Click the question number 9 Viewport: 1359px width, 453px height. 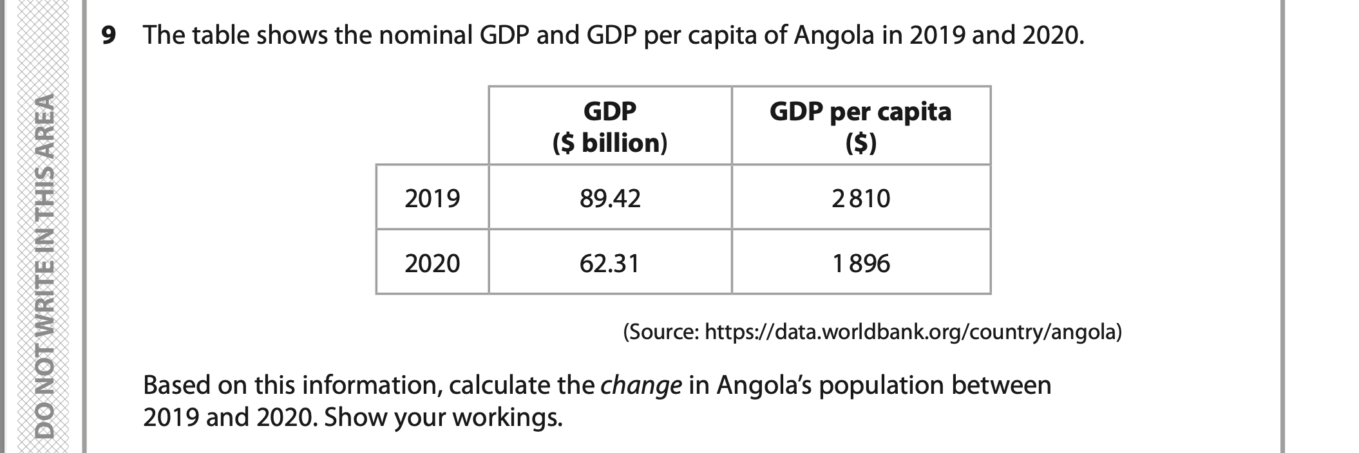pos(109,35)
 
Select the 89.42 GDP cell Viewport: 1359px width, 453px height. pos(610,198)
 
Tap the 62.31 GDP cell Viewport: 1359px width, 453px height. pos(610,263)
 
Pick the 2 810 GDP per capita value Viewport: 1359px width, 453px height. pos(860,198)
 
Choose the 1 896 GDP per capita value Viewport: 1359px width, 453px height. pos(860,263)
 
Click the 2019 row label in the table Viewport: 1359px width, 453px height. pos(432,198)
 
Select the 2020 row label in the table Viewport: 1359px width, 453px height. pos(432,263)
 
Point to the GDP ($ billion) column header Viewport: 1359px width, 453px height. pos(610,127)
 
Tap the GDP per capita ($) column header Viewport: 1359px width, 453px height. pos(860,127)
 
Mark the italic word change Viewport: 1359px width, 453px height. pos(640,385)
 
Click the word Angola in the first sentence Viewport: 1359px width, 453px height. pos(833,35)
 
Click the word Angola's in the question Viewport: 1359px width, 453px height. pos(764,385)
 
